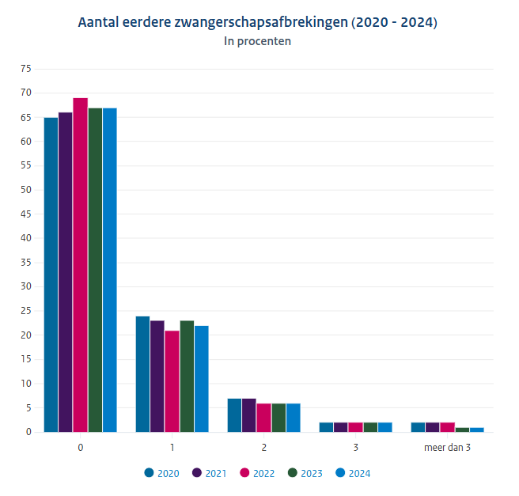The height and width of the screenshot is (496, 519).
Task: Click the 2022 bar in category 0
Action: [80, 265]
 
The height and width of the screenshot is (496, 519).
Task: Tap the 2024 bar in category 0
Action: [109, 270]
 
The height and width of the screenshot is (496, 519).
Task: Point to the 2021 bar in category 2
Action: [248, 415]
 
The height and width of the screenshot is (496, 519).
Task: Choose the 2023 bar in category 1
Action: [187, 377]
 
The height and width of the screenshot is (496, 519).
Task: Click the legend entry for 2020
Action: [162, 473]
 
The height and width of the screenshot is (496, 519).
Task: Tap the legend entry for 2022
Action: [257, 473]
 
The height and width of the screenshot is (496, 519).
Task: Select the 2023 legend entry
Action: [305, 473]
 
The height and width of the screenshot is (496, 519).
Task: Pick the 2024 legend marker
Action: [341, 473]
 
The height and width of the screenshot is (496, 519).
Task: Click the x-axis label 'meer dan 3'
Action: [447, 448]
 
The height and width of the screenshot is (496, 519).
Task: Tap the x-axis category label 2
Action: [264, 448]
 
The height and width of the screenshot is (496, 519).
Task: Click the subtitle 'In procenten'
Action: [258, 41]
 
